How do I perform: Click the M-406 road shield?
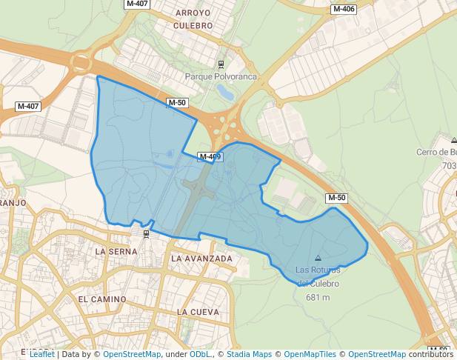click(344, 10)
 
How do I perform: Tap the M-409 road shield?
click(210, 156)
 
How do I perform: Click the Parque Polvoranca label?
click(221, 76)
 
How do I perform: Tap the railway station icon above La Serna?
click(146, 234)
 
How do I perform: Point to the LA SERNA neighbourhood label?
click(117, 251)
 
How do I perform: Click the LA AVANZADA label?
click(201, 259)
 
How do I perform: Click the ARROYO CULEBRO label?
click(193, 19)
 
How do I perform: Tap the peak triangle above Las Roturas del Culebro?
click(318, 259)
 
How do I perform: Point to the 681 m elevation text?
click(317, 297)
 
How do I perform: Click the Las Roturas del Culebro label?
click(318, 276)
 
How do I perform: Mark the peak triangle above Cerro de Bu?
click(453, 140)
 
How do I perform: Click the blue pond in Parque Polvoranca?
click(224, 92)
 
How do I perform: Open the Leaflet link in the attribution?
click(42, 354)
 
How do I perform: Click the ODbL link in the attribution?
click(200, 354)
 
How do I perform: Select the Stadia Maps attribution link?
click(249, 354)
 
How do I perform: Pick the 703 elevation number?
click(450, 165)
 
